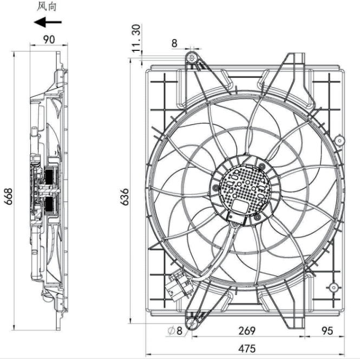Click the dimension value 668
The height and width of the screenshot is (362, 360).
9,196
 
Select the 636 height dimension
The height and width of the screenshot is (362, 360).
125,197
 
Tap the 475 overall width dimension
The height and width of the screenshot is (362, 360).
247,348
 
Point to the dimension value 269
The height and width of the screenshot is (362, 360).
247,331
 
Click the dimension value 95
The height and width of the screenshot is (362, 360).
327,331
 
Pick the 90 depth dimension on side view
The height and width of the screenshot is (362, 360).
49,40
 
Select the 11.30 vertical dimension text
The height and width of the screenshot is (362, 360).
136,38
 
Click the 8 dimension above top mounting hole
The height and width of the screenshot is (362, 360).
174,43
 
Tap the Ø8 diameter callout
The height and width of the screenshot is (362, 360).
175,331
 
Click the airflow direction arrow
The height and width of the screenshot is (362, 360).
48,22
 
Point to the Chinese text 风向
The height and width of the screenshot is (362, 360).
47,6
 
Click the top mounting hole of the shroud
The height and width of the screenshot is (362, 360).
192,58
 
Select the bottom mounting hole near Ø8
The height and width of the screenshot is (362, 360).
192,324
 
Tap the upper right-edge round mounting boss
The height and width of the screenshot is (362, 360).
339,141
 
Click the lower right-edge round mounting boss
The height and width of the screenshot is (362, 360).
333,287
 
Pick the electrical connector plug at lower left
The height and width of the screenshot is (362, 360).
178,285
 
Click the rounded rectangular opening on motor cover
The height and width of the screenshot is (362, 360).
239,206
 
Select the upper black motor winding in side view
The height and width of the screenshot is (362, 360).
50,176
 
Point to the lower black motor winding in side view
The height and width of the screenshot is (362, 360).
50,205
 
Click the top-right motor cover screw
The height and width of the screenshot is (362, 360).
261,166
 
